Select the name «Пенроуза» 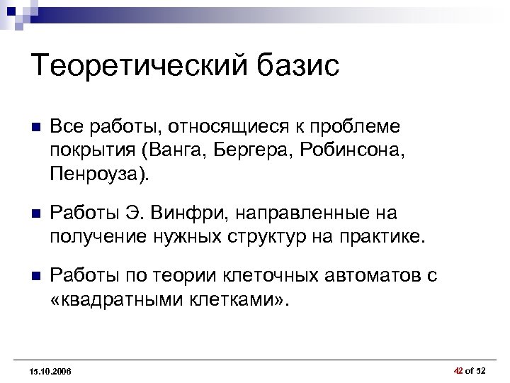(97, 173)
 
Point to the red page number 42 (458, 370)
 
